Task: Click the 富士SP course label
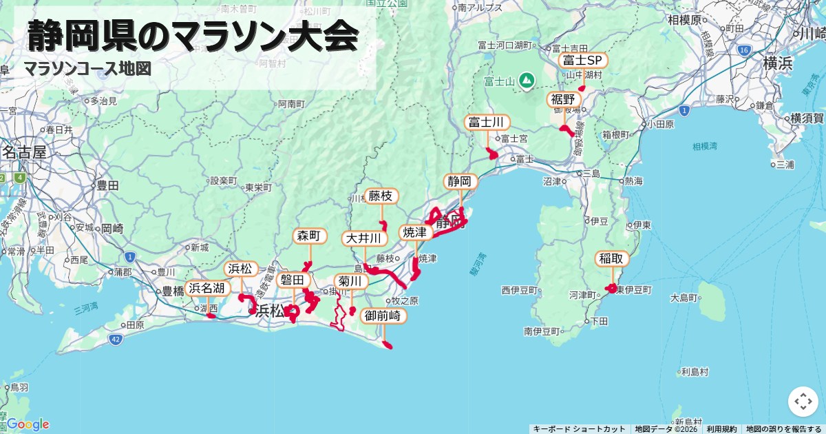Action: click(583, 61)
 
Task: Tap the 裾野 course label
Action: click(564, 100)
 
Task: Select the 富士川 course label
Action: click(487, 123)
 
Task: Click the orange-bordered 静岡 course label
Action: click(460, 182)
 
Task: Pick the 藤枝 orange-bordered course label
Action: click(381, 196)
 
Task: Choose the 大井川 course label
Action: click(363, 238)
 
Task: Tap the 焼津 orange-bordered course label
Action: click(416, 233)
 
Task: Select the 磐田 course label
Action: click(292, 280)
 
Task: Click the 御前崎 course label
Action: click(383, 316)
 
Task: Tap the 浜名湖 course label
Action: click(207, 289)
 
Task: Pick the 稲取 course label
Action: click(612, 259)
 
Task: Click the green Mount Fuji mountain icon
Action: click(527, 81)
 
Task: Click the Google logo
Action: click(28, 424)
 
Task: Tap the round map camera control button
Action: click(803, 402)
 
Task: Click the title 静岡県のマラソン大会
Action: click(193, 36)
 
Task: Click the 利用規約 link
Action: click(721, 429)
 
